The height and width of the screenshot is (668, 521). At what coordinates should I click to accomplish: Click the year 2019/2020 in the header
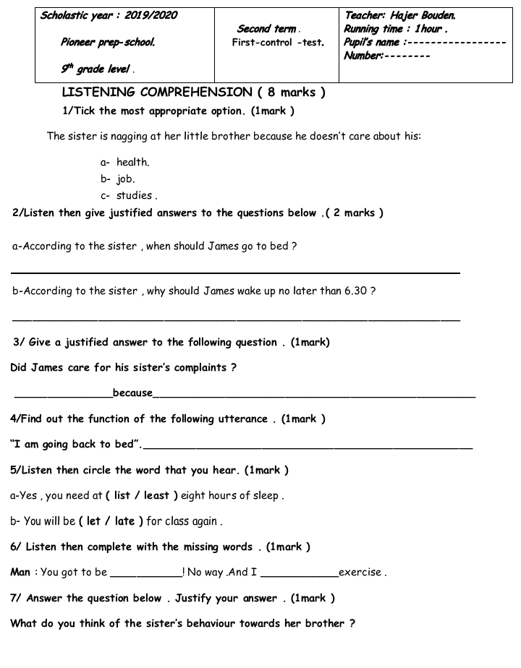tap(151, 15)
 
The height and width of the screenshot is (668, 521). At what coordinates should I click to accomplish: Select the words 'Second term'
tap(266, 29)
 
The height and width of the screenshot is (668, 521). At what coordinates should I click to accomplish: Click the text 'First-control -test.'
tap(278, 43)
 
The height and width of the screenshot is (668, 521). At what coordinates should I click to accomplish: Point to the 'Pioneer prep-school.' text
tap(107, 43)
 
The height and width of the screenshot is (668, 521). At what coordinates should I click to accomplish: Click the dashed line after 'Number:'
tap(407, 56)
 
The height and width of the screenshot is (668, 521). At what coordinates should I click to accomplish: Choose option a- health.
tap(132, 163)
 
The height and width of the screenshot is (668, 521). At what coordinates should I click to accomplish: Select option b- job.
tap(125, 179)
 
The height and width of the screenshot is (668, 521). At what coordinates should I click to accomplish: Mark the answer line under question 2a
tap(235, 273)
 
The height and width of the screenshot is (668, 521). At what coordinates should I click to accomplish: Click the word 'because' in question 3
tap(132, 393)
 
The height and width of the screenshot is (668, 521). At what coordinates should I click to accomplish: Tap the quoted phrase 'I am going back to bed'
tap(75, 444)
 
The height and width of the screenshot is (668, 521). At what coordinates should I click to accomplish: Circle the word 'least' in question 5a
tap(156, 496)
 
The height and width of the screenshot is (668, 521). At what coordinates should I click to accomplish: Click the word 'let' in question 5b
tap(94, 521)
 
